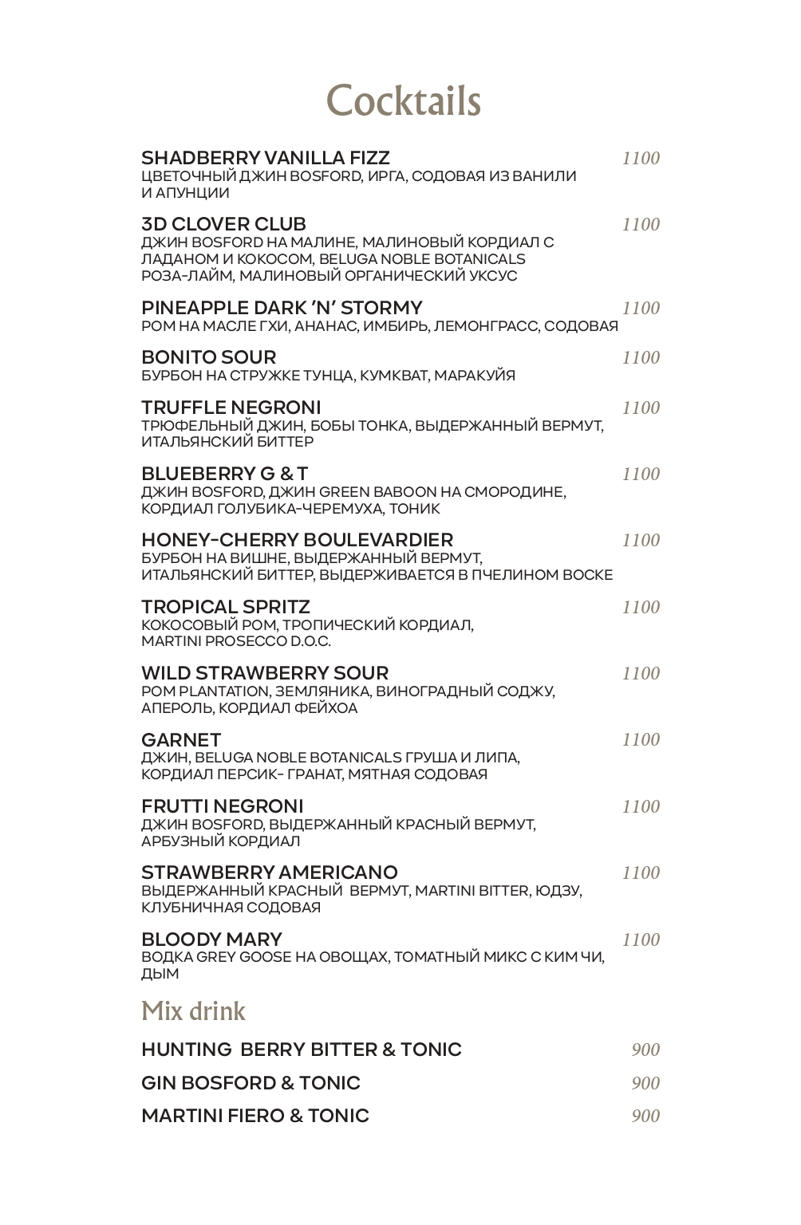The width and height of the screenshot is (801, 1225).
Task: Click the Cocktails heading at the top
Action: click(404, 101)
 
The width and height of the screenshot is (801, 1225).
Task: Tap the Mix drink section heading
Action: click(193, 1011)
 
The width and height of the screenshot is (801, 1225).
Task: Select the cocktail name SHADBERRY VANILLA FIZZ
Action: click(265, 157)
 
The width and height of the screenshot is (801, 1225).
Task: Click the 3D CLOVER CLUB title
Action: click(223, 224)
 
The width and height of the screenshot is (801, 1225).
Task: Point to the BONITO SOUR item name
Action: click(208, 357)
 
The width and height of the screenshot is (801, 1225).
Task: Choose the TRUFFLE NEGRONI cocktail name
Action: click(231, 408)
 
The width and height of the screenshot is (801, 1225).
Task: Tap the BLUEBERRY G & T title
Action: click(224, 474)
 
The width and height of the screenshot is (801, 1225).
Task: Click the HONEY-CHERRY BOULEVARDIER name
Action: click(297, 540)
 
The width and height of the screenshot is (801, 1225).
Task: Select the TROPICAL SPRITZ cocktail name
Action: click(225, 607)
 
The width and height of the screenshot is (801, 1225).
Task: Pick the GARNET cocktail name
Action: click(181, 739)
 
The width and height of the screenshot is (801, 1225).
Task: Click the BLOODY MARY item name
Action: click(211, 939)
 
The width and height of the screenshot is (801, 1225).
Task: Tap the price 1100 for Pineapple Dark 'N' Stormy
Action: click(641, 308)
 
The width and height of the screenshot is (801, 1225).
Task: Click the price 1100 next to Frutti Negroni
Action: click(641, 806)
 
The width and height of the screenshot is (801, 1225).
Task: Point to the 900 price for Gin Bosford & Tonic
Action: click(645, 1083)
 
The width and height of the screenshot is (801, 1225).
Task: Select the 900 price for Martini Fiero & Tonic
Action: click(645, 1116)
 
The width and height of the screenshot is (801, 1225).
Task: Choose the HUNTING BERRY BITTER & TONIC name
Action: click(301, 1050)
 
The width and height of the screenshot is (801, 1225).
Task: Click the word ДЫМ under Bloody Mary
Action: click(160, 974)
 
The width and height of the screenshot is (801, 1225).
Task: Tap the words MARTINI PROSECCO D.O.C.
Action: click(235, 641)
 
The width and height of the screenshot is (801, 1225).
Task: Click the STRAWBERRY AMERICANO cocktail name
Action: click(269, 872)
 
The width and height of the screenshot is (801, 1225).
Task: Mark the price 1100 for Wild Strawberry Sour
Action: click(641, 673)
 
